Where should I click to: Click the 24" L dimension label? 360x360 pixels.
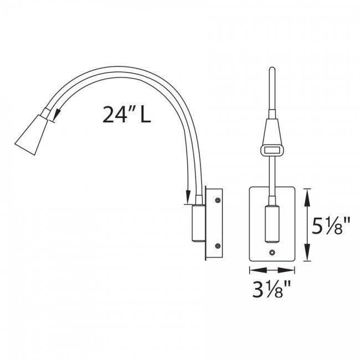click(x=127, y=114)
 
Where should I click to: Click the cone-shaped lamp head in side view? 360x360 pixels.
click(x=31, y=135)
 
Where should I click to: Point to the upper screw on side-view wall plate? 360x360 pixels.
click(x=218, y=200)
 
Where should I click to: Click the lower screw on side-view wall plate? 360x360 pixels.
click(x=218, y=246)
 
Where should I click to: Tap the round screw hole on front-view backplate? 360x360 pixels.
click(x=272, y=253)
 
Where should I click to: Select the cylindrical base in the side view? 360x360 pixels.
click(x=199, y=223)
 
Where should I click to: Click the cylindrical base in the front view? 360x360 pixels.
click(x=272, y=224)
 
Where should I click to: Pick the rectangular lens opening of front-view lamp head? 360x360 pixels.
click(x=272, y=151)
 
